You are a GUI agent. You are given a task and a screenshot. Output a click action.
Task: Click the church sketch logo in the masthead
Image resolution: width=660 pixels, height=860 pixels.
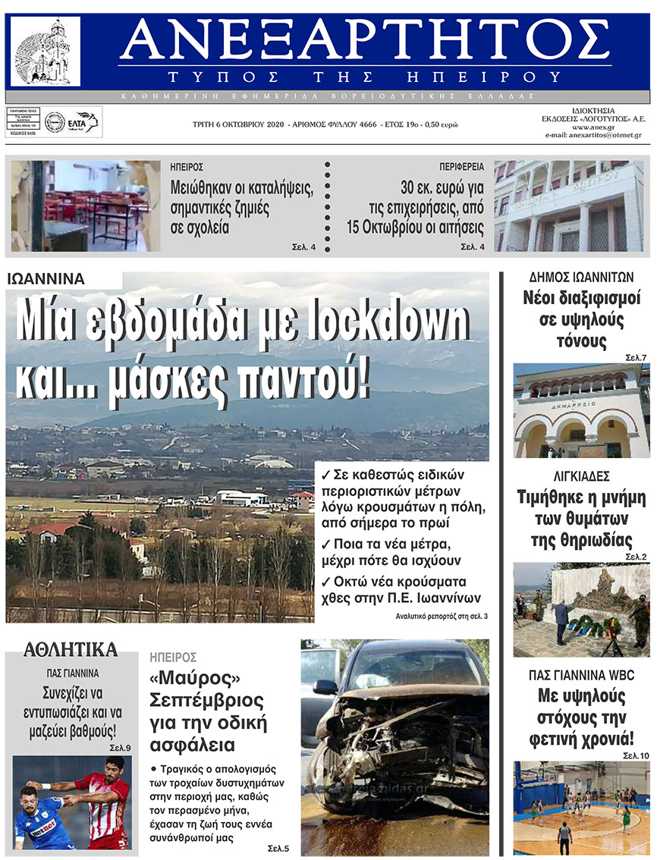click(x=45, y=52)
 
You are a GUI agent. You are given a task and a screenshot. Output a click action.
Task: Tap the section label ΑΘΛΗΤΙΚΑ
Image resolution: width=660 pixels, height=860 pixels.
click(x=71, y=649)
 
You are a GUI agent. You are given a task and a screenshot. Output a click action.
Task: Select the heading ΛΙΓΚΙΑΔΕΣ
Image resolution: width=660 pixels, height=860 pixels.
click(x=582, y=477)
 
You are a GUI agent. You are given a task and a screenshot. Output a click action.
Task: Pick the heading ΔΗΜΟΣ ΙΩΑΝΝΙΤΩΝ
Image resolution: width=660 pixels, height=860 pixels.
click(x=581, y=277)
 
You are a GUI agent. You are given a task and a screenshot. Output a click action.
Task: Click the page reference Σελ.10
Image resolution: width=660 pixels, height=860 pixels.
click(x=636, y=755)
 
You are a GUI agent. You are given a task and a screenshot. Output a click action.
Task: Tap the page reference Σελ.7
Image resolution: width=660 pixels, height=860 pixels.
click(x=636, y=356)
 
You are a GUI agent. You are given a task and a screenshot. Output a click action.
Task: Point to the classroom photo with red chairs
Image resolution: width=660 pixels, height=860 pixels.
click(x=86, y=206)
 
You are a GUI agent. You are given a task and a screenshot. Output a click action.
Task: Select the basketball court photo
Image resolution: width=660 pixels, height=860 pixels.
click(x=581, y=808)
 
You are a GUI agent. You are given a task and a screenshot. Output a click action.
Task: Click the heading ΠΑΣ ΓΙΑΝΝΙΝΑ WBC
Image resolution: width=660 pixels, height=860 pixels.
click(x=581, y=675)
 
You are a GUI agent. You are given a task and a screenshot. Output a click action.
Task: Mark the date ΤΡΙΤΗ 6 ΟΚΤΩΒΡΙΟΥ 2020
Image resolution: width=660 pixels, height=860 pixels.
click(x=242, y=124)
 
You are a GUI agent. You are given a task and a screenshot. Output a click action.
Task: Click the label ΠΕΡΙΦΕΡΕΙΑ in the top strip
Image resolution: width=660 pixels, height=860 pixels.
click(x=462, y=165)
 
